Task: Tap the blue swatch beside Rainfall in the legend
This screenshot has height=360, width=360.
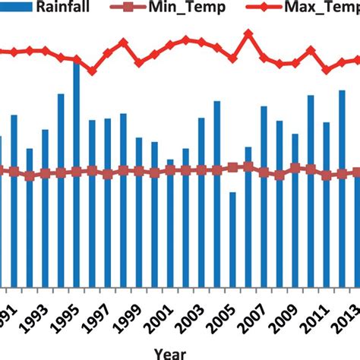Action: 15,9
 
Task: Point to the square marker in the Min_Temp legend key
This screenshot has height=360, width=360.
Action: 138,9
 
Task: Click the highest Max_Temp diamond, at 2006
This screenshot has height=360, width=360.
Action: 248,34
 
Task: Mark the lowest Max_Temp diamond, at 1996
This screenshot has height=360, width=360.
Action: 92,71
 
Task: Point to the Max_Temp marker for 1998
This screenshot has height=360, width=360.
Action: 124,43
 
